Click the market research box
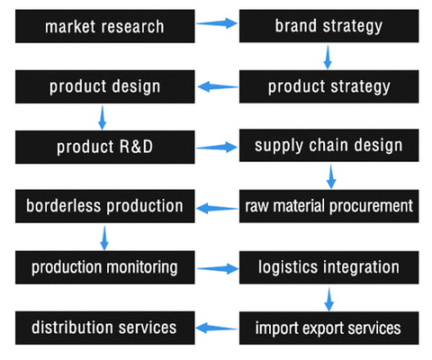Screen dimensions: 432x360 coord(105,26)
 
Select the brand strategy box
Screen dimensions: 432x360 coord(328,26)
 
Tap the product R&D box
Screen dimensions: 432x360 coord(105,147)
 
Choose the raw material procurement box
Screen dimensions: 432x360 coord(328,206)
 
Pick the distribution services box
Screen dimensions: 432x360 coord(105,328)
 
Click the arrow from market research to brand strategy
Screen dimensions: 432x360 coord(217,23)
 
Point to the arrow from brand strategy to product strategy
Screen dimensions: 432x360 coord(328,57)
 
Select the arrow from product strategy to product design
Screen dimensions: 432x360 coord(218,87)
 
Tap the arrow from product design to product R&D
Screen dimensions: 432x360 coord(103,117)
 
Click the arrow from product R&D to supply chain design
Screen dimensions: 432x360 coord(217,147)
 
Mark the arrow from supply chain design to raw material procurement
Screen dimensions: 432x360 coord(331,176)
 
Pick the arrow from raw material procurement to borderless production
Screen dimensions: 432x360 coord(217,208)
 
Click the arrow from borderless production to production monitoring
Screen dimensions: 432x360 coord(104,238)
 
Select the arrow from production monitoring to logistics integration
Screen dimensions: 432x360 coord(218,268)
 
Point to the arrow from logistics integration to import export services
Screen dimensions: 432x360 coord(329,300)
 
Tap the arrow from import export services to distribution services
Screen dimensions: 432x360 coord(217,328)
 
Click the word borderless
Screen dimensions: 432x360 coord(63,206)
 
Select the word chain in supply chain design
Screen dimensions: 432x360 coord(328,145)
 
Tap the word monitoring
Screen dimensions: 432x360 coord(142,267)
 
